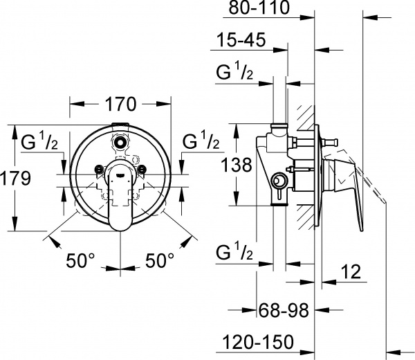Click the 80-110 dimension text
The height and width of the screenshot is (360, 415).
261,9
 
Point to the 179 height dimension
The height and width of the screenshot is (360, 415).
15,179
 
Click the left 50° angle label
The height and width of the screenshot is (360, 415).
80,261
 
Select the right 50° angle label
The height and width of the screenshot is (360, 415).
159,261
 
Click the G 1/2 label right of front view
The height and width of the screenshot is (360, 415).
200,142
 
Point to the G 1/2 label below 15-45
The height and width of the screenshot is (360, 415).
235,73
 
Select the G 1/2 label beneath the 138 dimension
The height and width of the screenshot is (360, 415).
235,253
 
